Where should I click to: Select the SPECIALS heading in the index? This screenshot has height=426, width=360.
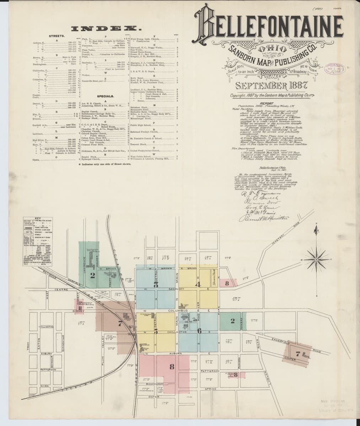coord(105,96)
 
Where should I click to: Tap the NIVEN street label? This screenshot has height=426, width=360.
coord(44,386)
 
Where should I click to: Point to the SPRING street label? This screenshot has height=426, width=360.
coord(211,389)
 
